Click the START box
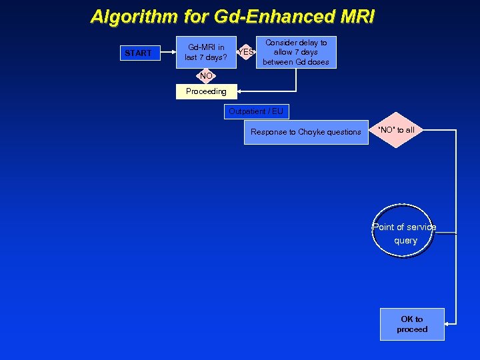click(139, 53)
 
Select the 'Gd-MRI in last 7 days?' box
click(206, 52)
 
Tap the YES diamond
click(246, 52)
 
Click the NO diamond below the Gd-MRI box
click(205, 76)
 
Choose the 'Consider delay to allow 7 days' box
click(296, 52)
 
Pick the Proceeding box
click(205, 91)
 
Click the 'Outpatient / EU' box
click(256, 111)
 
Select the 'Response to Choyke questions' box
click(305, 132)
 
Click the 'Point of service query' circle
click(404, 234)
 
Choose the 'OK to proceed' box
click(411, 324)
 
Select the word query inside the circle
click(405, 241)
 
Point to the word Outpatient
click(247, 111)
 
